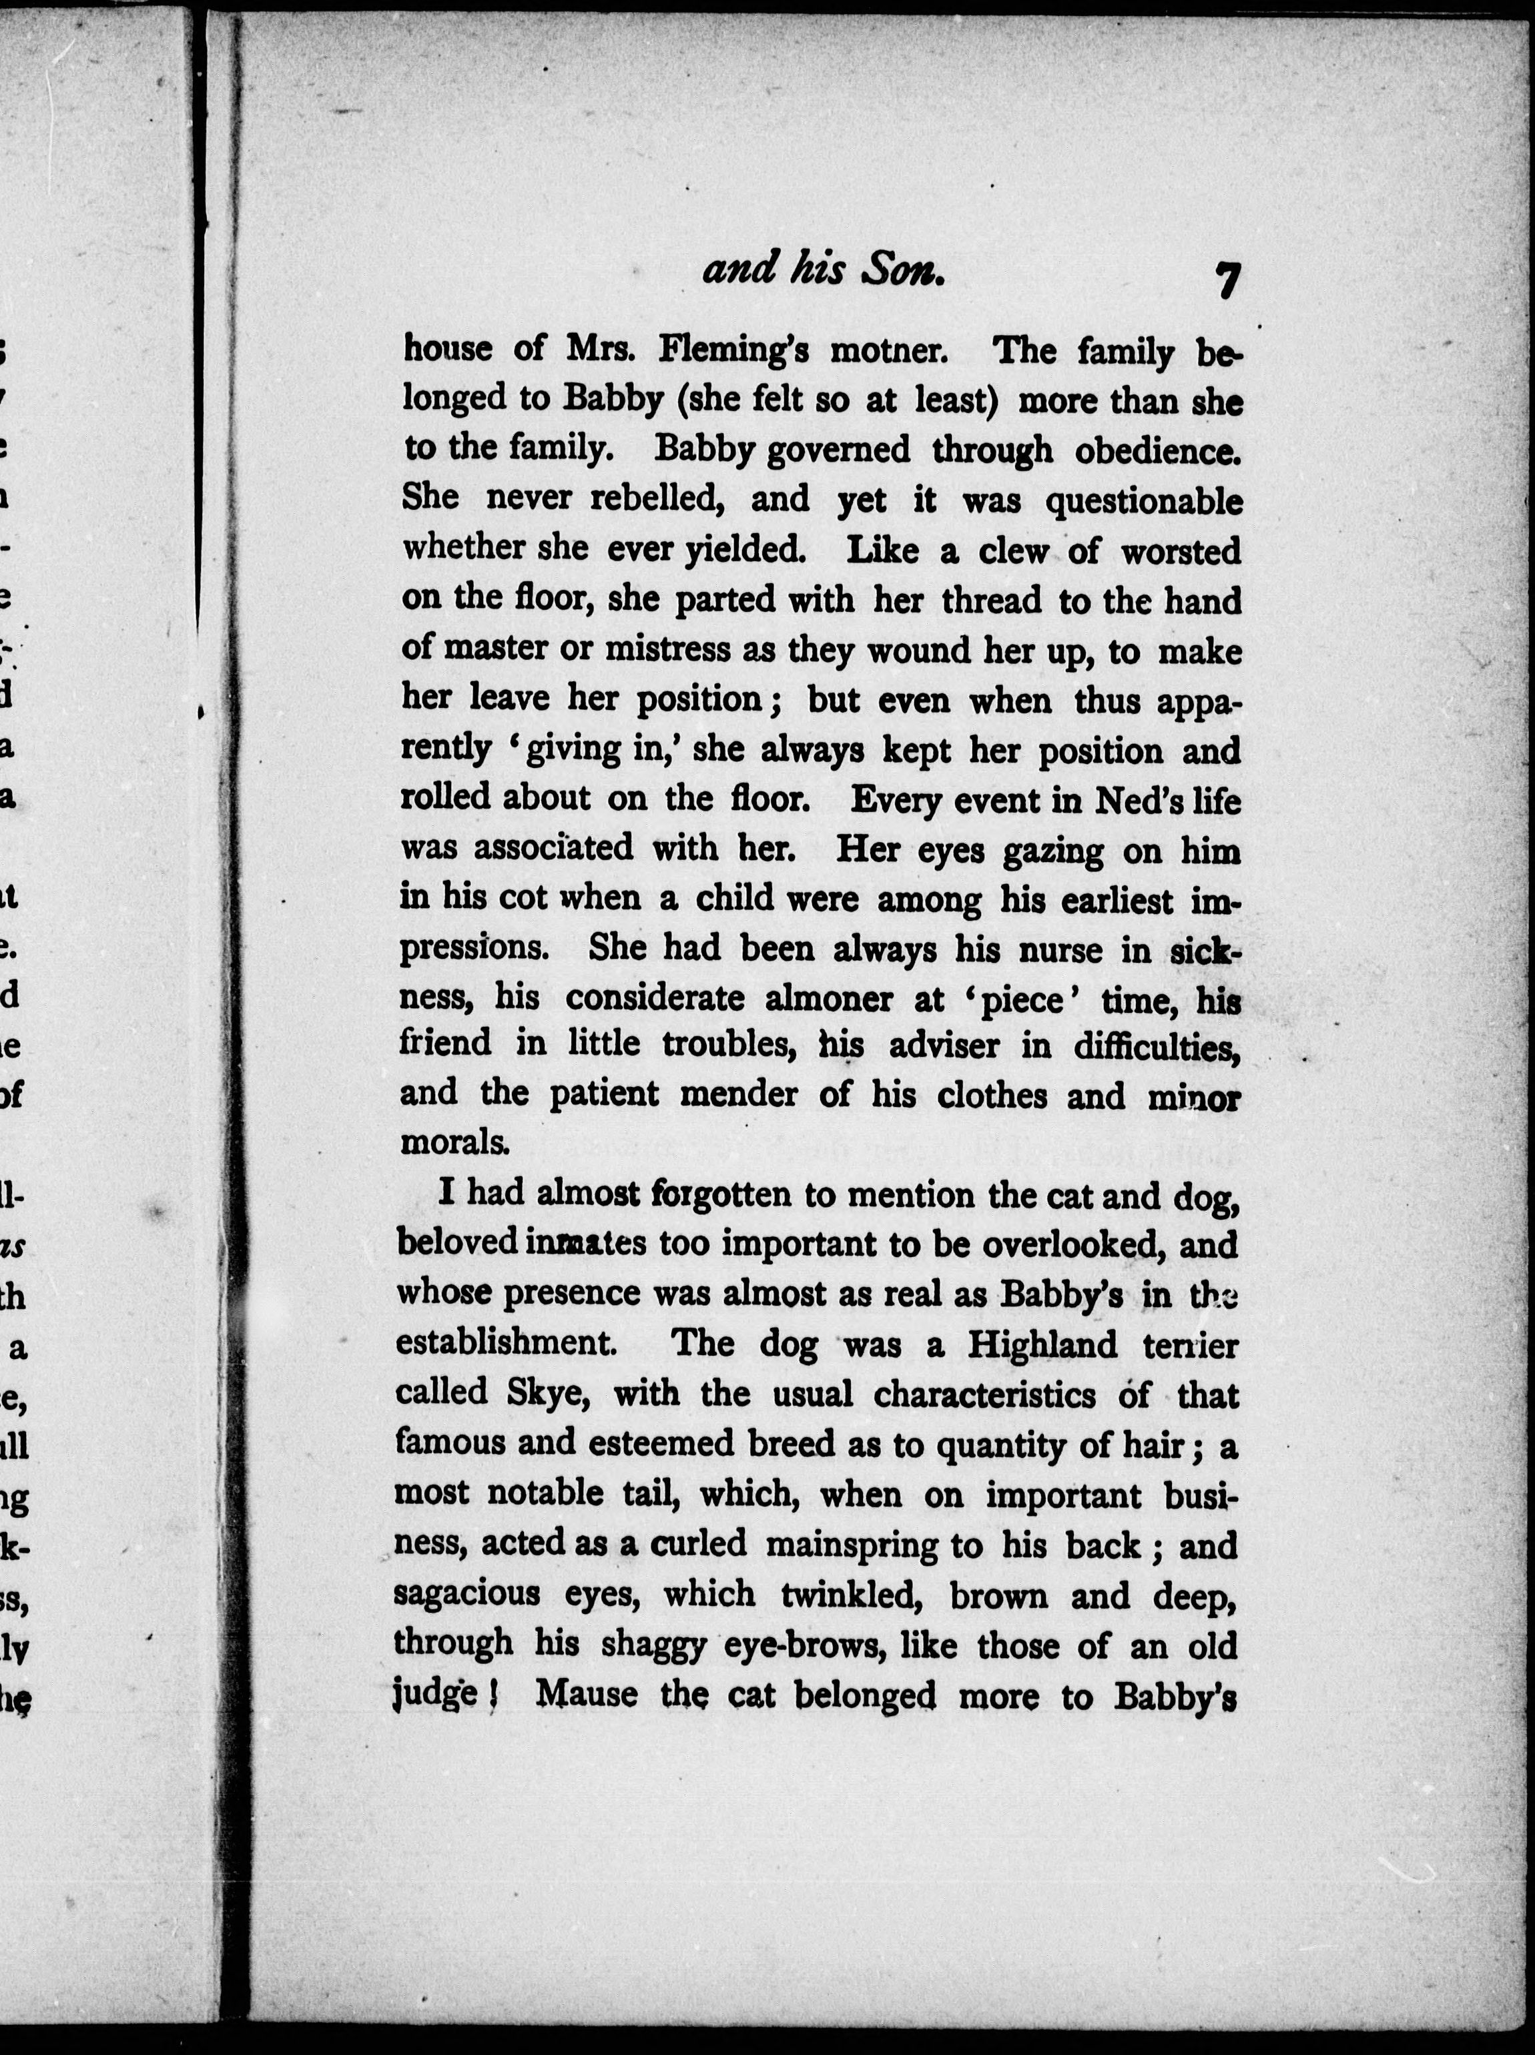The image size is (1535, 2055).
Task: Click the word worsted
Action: pos(1180,551)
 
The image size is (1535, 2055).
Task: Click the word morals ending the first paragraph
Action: pos(454,1142)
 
